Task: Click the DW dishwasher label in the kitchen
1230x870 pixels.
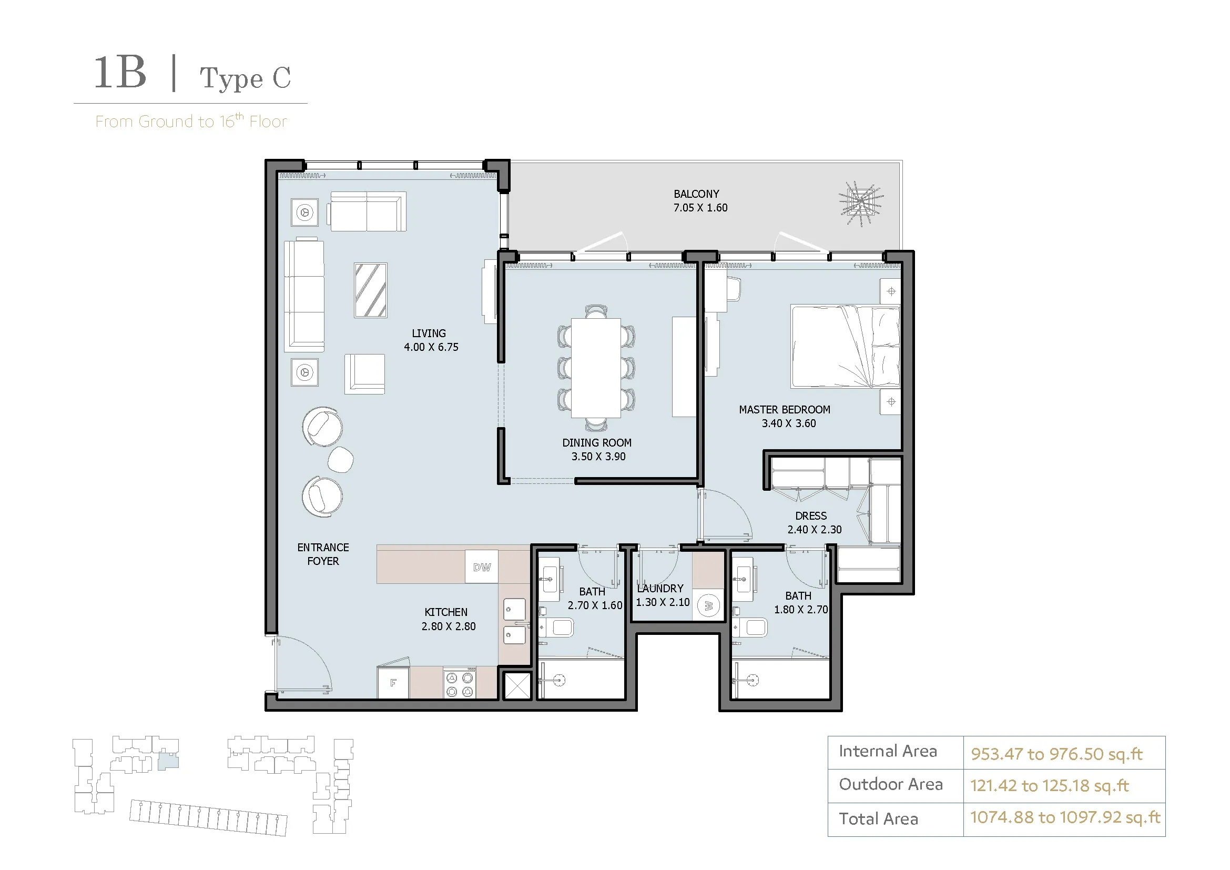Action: click(x=482, y=568)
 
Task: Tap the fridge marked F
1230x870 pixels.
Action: click(x=393, y=683)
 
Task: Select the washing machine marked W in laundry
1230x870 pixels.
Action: click(x=708, y=606)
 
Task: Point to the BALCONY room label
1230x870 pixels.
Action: click(x=696, y=194)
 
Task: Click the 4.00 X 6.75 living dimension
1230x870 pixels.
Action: click(x=431, y=347)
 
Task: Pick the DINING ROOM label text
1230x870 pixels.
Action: click(x=597, y=443)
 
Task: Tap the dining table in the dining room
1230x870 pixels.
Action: click(x=596, y=368)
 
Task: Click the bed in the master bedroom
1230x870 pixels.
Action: click(x=846, y=346)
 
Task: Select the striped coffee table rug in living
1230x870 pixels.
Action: click(x=370, y=290)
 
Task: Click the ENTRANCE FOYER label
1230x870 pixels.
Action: click(x=323, y=554)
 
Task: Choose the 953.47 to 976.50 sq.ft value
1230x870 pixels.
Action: click(x=1056, y=754)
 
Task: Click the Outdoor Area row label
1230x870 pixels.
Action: click(x=890, y=784)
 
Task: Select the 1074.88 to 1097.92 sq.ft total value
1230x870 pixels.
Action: click(x=1065, y=817)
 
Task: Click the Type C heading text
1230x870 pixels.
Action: click(x=246, y=78)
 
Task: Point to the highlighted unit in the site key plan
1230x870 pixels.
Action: click(x=168, y=762)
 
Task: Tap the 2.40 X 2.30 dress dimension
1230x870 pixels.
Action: click(x=814, y=530)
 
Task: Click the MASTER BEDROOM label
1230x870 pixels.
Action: click(x=785, y=410)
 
